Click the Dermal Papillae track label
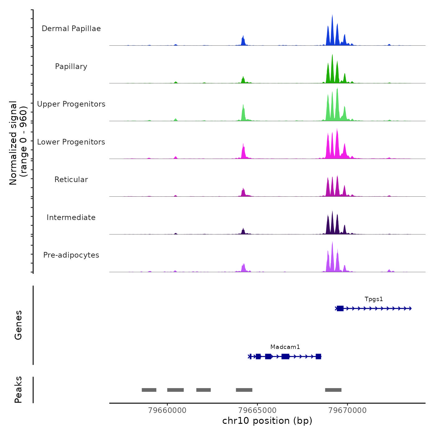(x=71, y=29)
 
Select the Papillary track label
(x=71, y=66)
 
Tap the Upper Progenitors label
(x=71, y=104)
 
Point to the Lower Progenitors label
(x=71, y=142)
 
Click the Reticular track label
(x=71, y=180)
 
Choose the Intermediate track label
(x=71, y=217)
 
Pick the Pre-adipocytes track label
(x=71, y=255)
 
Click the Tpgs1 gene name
(x=374, y=299)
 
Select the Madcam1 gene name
(x=285, y=347)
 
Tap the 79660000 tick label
(x=167, y=410)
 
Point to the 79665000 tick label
(x=258, y=410)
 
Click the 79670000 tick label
(x=348, y=410)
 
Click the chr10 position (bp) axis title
(x=267, y=421)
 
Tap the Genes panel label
(x=18, y=325)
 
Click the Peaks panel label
(x=18, y=390)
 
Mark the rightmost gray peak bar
(x=333, y=390)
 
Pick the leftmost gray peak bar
(x=149, y=390)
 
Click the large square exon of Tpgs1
(x=340, y=309)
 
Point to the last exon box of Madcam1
(x=318, y=356)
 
